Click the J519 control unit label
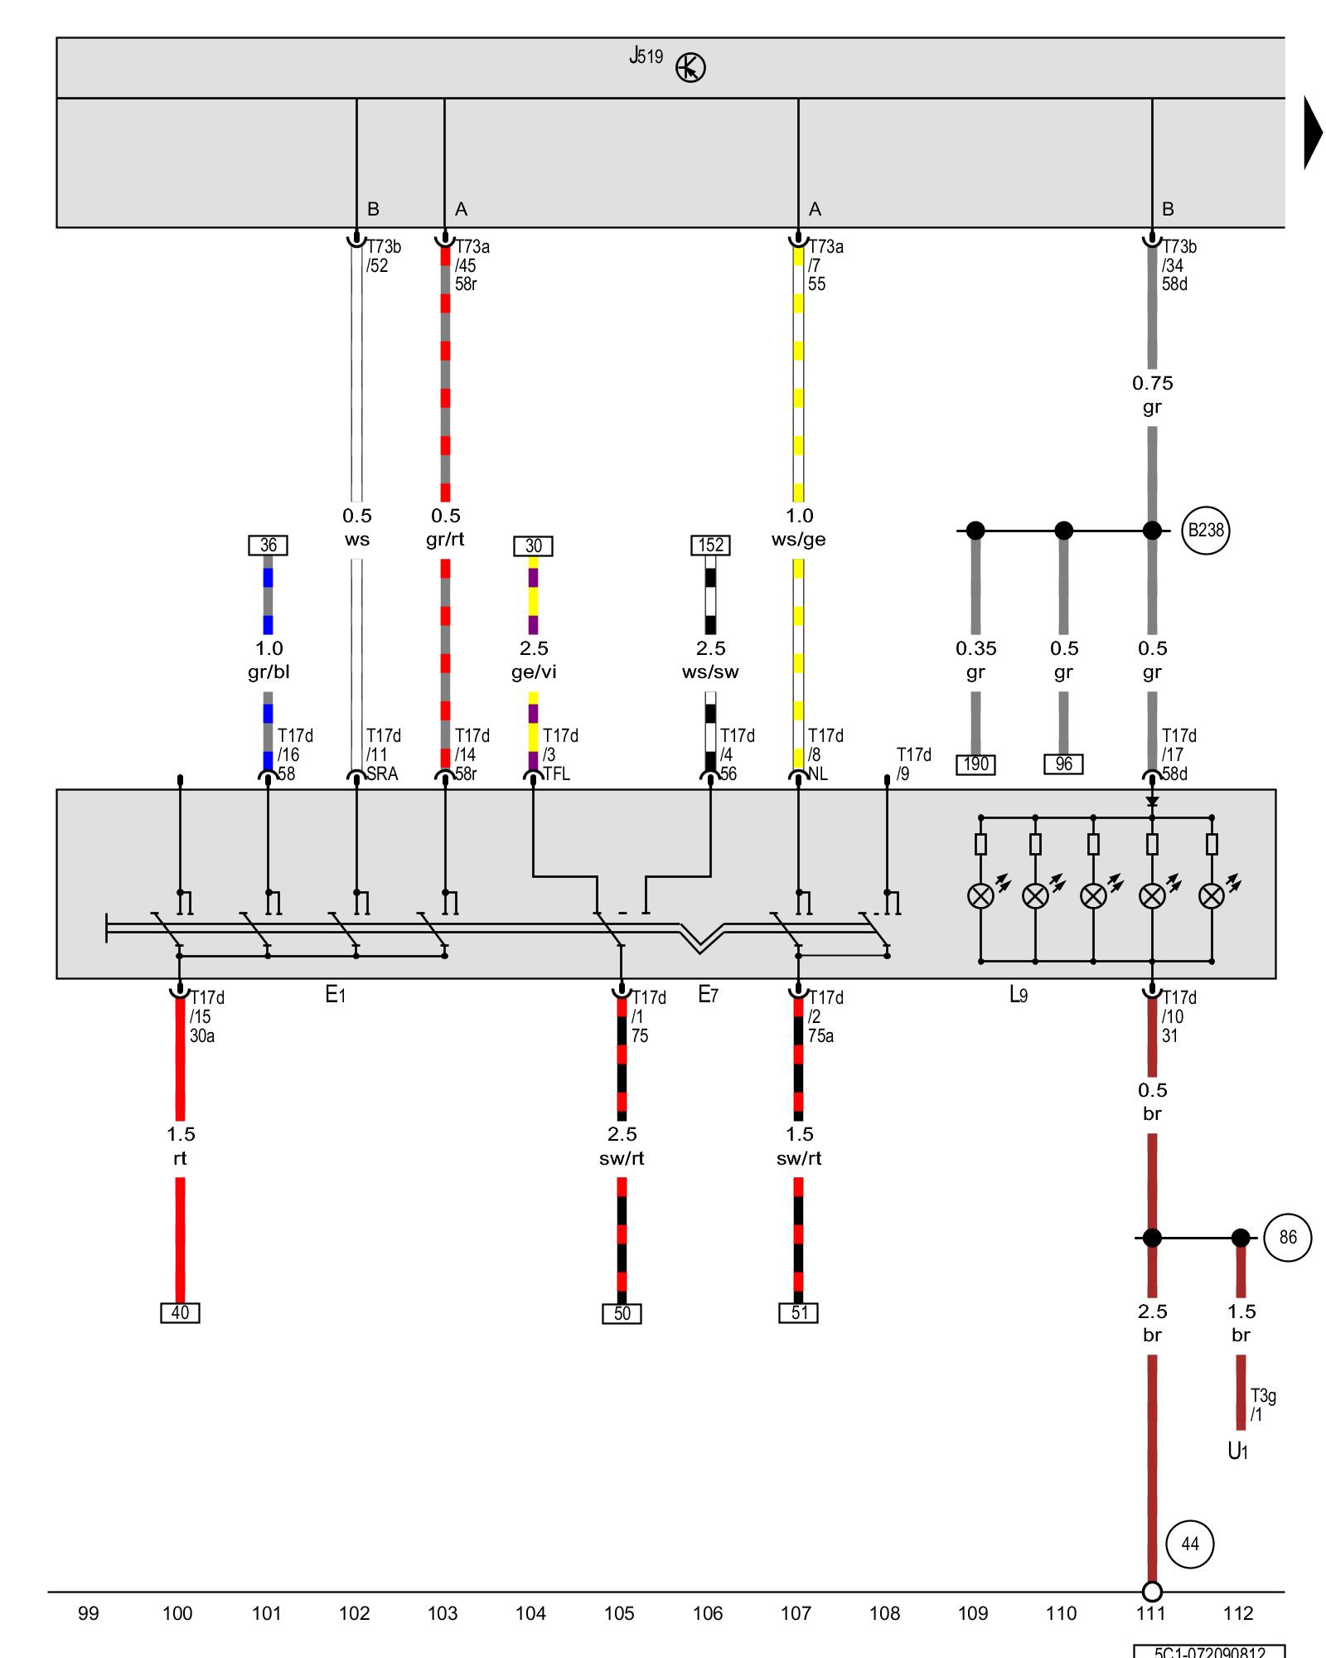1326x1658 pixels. coord(646,56)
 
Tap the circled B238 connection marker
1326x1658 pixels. coord(1205,531)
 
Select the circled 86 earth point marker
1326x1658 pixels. coord(1287,1238)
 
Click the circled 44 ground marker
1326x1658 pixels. coord(1189,1544)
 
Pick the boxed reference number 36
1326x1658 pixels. coord(269,545)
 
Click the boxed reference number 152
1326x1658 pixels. coord(710,545)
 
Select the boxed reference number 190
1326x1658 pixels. coord(975,764)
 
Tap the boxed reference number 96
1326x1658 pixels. coord(1063,764)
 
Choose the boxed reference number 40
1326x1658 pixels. coord(180,1313)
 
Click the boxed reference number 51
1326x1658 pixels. coord(799,1313)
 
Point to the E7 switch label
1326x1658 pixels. coord(708,995)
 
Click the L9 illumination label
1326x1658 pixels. coord(1019,995)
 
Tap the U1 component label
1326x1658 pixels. coord(1237,1451)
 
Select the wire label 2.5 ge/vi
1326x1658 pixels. coord(534,660)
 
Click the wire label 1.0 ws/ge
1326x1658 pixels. coord(799,527)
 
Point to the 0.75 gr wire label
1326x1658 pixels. coord(1152,395)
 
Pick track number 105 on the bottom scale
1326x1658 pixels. coord(619,1613)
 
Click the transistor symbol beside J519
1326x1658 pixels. coord(690,67)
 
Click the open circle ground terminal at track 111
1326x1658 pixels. coord(1152,1592)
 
